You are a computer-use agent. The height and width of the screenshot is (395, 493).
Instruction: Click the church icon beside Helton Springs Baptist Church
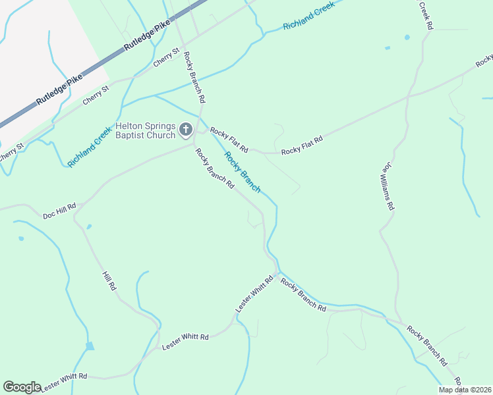186,129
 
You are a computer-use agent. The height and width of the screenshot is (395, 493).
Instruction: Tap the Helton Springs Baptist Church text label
146,130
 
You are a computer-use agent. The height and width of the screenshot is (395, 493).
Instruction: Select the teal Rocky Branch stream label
242,172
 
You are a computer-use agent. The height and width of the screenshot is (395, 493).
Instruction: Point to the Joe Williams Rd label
387,186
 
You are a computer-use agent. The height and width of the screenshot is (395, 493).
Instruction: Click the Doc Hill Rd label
59,211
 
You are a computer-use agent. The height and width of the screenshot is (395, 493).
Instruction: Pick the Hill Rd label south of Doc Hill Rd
109,281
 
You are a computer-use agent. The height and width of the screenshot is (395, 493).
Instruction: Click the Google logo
22,387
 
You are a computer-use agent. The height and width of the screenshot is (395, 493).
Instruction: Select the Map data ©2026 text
465,390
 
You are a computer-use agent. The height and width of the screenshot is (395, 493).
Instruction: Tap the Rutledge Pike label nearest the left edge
59,90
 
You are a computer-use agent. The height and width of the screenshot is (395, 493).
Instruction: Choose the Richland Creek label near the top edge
308,15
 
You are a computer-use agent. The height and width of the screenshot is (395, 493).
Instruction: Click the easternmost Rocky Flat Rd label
302,146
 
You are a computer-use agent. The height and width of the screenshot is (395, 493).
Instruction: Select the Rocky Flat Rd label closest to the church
229,140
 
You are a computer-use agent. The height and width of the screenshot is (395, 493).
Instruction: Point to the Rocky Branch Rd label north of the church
194,77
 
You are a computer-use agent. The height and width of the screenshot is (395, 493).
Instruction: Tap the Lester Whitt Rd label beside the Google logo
63,382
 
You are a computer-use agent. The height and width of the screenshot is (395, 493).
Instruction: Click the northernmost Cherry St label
166,57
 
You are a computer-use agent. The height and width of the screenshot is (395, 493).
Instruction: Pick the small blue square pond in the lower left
90,346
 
